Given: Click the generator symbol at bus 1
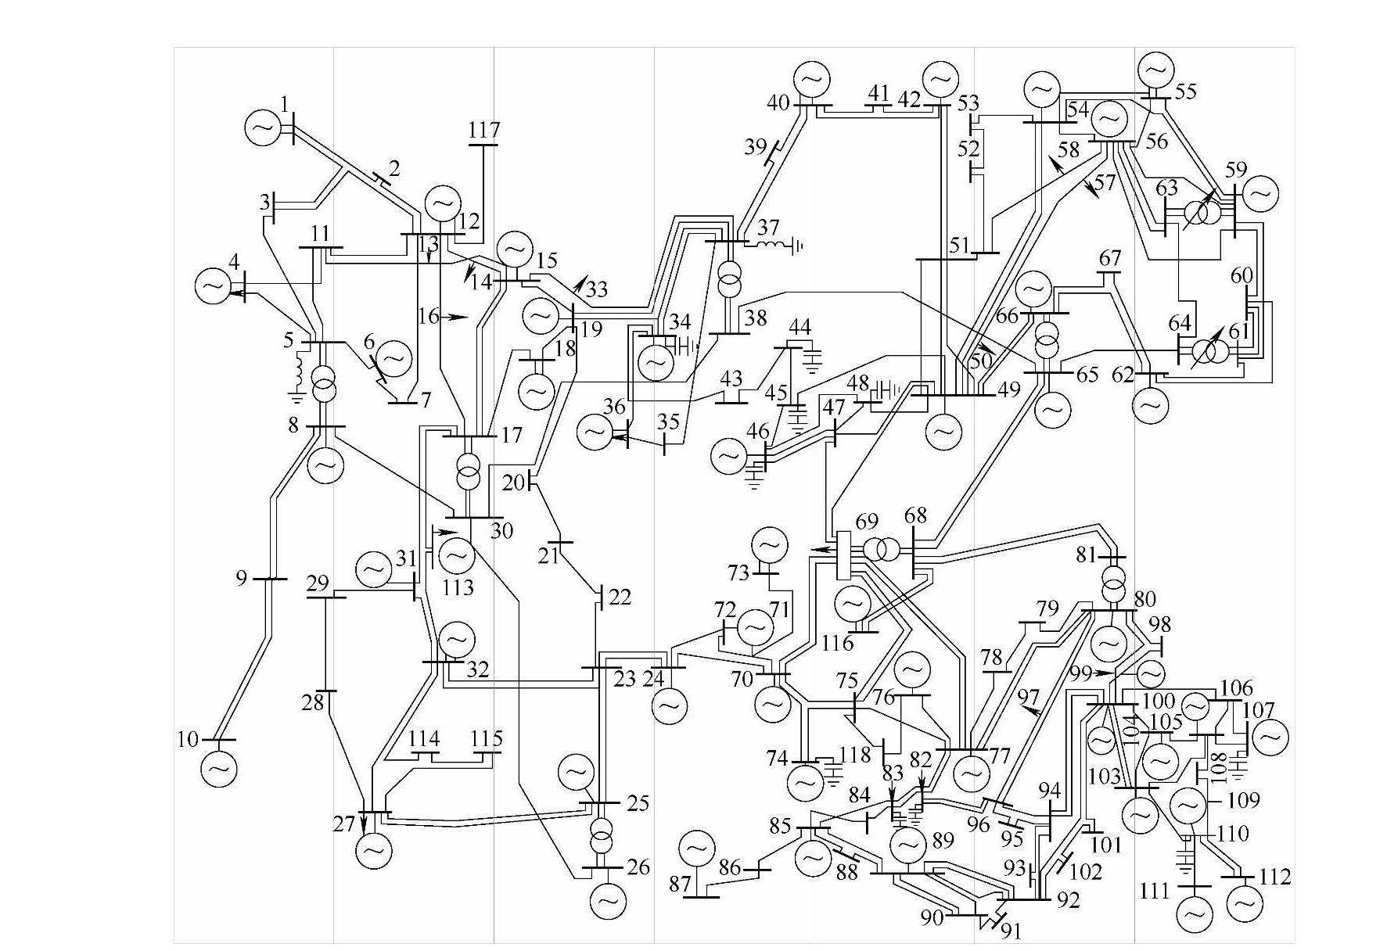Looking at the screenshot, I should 261,127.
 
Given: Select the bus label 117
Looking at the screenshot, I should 484,130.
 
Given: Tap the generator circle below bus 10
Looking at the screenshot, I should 218,769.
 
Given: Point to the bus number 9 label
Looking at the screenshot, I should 242,578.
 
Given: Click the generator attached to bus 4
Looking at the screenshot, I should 212,286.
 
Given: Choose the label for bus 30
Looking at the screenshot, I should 501,531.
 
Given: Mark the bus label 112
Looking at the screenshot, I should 1274,877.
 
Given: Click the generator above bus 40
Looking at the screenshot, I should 811,79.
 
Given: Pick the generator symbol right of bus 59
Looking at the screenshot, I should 1260,193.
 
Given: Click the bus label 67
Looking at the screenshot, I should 1110,258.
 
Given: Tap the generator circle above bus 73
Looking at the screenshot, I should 769,545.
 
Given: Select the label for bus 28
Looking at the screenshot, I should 313,703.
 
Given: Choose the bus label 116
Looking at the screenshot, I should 838,644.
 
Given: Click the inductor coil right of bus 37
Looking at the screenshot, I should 772,246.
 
